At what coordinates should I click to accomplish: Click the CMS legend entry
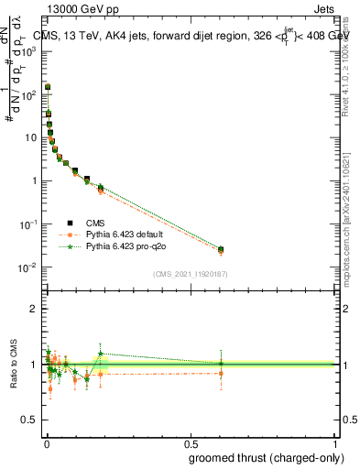point(95,223)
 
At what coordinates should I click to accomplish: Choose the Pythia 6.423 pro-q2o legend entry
point(126,246)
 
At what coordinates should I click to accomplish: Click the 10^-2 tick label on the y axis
point(31,267)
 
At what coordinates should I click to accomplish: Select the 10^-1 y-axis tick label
point(31,224)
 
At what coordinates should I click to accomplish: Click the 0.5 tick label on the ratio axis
point(31,420)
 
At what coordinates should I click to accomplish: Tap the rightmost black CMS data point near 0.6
point(220,249)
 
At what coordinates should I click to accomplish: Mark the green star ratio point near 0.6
point(220,363)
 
